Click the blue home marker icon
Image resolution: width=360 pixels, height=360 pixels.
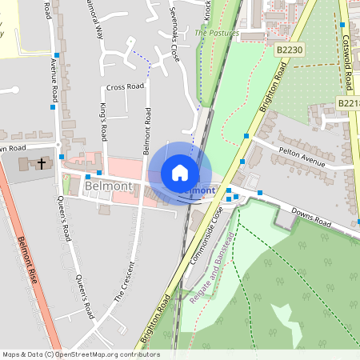(180, 173)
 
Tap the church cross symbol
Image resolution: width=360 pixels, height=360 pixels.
(42, 164)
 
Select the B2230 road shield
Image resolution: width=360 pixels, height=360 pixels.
(290, 50)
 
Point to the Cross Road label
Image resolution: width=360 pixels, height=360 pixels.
(124, 86)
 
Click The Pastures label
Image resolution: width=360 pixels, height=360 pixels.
(217, 34)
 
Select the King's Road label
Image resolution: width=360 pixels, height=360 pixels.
(103, 119)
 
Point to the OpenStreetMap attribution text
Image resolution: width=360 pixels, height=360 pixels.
(81, 354)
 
